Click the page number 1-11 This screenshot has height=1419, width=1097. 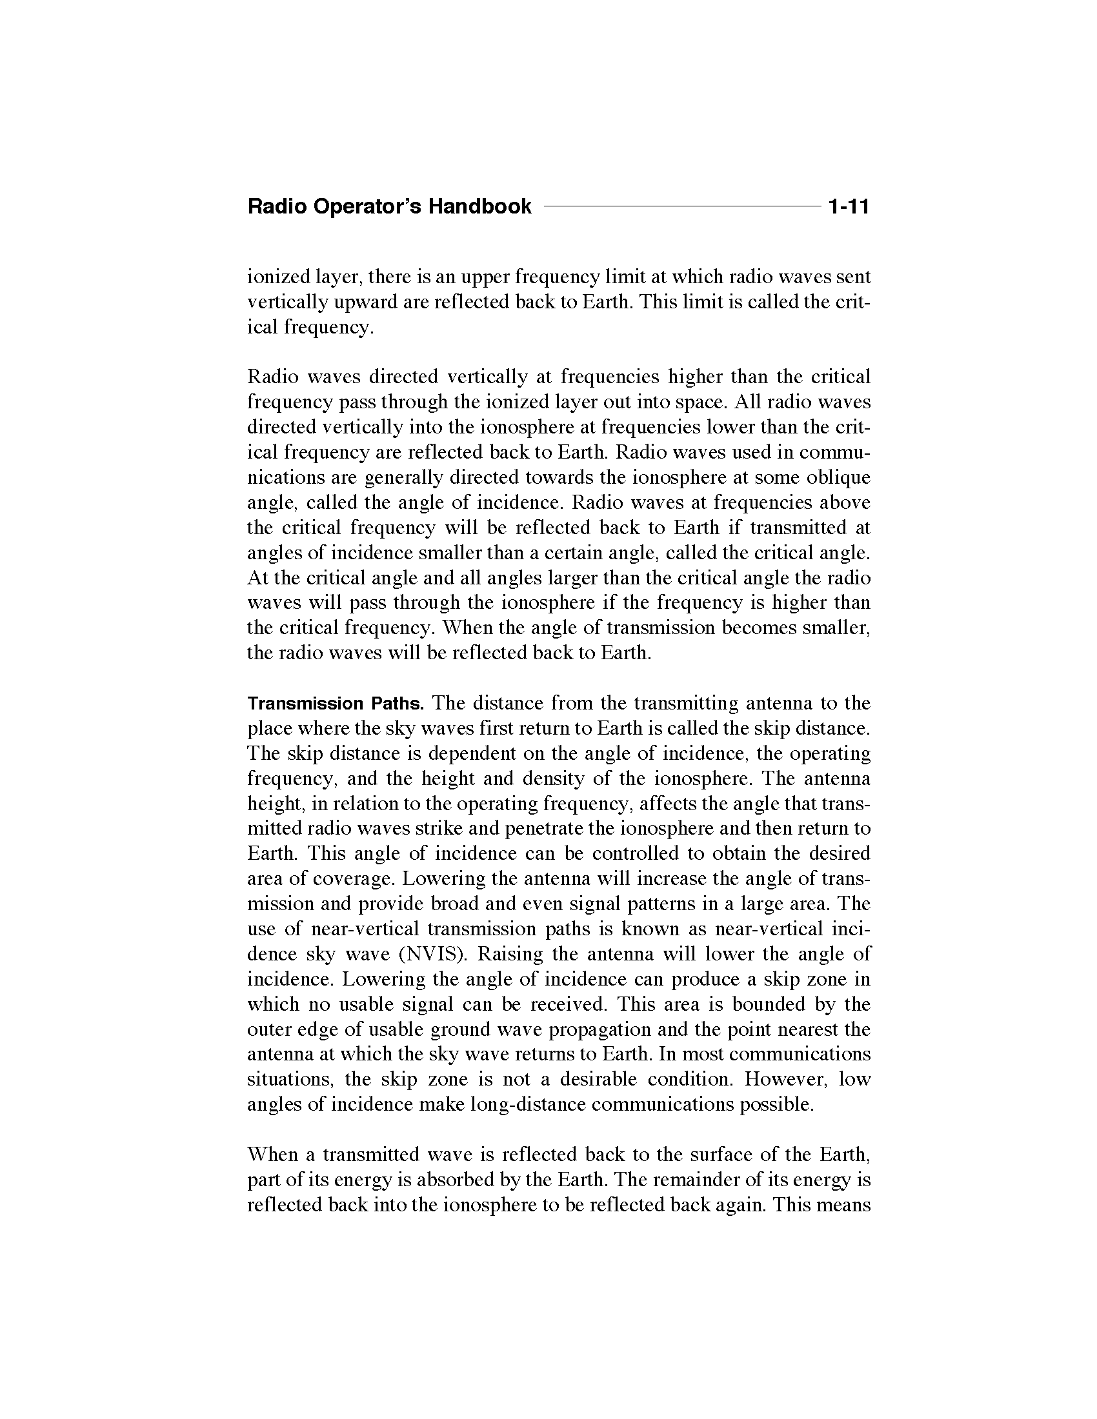pos(848,207)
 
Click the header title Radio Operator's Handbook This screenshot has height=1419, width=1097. pos(389,207)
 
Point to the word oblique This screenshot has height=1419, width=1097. pos(838,477)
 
